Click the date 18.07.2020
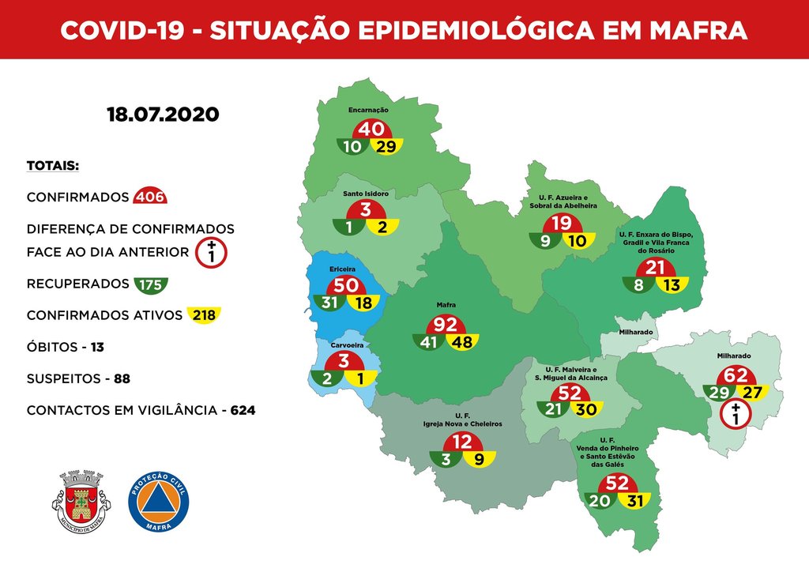coord(162,115)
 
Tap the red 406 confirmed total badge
coord(150,197)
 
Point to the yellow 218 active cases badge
coord(203,315)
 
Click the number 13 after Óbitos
coord(97,347)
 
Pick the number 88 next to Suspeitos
coord(122,379)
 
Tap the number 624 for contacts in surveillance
coord(243,411)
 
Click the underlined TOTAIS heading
coord(52,166)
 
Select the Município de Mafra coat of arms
coord(81,501)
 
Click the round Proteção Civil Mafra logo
coord(158,502)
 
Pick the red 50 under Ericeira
coord(347,286)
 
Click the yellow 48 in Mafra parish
coord(462,343)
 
